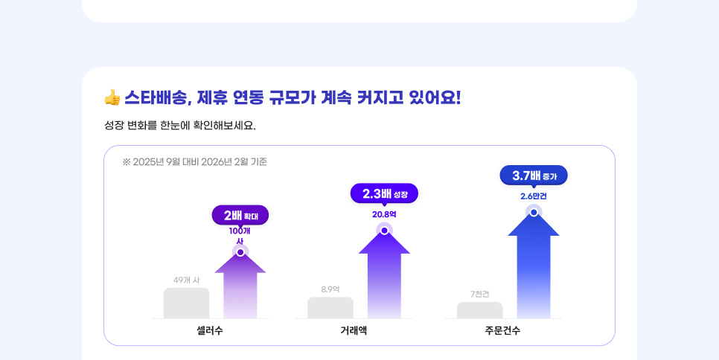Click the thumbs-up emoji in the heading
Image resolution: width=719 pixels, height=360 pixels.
coord(112,97)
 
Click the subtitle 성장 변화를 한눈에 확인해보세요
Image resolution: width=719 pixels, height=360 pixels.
coord(180,125)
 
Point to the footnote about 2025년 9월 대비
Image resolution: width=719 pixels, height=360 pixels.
coord(195,161)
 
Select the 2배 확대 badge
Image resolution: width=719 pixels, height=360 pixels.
coord(240,216)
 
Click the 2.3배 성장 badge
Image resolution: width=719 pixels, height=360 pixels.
coord(384,193)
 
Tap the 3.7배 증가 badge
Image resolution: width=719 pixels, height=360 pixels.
coord(534,176)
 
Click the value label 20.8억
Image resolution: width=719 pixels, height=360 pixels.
coord(384,214)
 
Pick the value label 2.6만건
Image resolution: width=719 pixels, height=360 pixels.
coord(534,196)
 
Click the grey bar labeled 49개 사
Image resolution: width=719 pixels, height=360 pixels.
coord(186,303)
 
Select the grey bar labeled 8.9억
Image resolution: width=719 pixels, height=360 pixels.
coord(330,308)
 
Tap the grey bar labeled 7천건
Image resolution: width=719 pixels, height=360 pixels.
coord(480,310)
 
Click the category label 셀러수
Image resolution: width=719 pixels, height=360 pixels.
coord(210,330)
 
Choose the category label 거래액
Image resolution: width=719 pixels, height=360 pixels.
coord(354,330)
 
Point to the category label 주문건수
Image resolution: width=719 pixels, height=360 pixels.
coord(502,330)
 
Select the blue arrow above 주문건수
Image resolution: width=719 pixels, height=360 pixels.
coord(534,268)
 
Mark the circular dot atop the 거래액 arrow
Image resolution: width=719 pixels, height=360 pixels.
coord(384,231)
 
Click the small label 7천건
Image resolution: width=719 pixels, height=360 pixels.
coord(480,294)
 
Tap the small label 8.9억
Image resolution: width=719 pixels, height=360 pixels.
coord(330,289)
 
